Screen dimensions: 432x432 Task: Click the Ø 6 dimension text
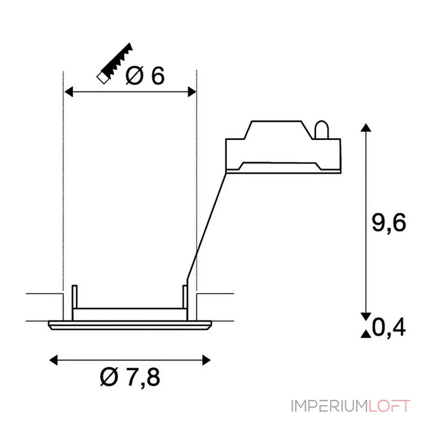click(x=145, y=75)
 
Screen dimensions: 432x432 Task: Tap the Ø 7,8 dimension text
click(x=130, y=377)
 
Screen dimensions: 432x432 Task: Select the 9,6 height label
click(x=389, y=222)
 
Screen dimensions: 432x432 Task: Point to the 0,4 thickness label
click(x=389, y=327)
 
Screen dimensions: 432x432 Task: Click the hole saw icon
click(x=115, y=63)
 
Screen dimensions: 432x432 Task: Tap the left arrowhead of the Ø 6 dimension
click(x=69, y=92)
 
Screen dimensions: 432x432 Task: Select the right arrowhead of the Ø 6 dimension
click(x=192, y=92)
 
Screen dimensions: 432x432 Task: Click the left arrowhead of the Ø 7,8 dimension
click(x=53, y=360)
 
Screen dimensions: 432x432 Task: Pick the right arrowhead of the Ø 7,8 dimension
click(x=206, y=360)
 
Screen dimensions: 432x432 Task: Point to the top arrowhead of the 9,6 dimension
click(x=366, y=127)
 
